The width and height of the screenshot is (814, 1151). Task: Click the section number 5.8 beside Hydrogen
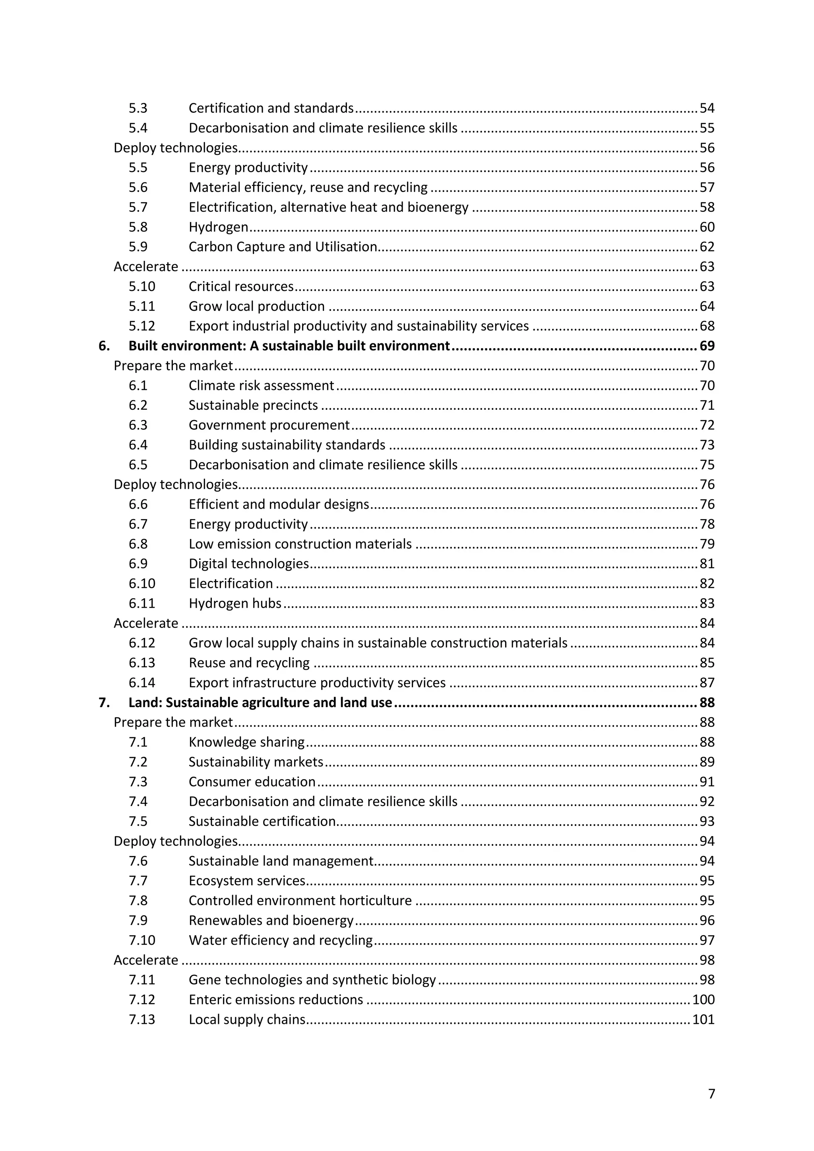coord(138,227)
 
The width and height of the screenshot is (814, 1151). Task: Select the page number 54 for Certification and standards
coord(707,108)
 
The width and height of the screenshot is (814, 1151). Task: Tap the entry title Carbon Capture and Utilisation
coord(283,247)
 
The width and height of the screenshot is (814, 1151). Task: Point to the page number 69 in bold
coord(707,346)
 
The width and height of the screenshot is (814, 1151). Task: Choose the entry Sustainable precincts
coord(253,405)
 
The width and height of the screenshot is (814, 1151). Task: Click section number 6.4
coord(138,445)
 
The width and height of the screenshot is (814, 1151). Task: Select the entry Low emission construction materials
coord(300,544)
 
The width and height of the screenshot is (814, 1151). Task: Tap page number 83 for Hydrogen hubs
coord(707,603)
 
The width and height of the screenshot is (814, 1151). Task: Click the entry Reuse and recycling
coord(249,663)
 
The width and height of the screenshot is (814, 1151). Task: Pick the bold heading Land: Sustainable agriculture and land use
coord(260,702)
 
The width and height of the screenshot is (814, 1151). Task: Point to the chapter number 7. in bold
coord(104,702)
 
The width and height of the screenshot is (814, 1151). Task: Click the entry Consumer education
coord(252,781)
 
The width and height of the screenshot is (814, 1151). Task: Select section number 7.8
coord(138,900)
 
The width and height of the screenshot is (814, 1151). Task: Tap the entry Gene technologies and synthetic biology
coord(312,980)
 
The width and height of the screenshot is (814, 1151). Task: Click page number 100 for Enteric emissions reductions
coord(703,1000)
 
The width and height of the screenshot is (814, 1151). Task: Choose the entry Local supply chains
coord(247,1019)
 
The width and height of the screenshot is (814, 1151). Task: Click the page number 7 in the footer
coord(711,1093)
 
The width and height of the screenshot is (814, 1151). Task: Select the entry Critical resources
coord(241,286)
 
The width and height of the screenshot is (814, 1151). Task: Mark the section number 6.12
coord(142,643)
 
